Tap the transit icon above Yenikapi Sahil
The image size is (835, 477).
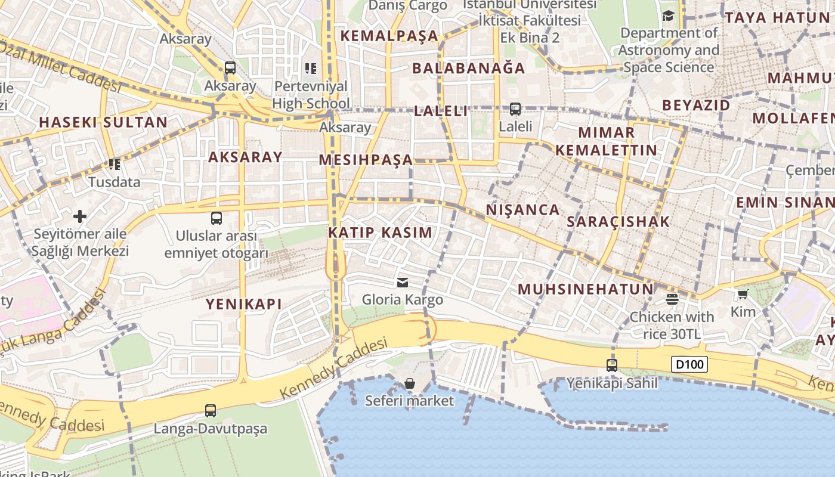coord(612,366)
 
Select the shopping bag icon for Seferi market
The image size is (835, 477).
coord(410,383)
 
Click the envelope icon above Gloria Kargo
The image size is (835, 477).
coord(403,282)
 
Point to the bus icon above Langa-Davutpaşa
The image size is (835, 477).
coord(211,410)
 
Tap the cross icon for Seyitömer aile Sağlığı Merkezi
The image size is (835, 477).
coord(80,216)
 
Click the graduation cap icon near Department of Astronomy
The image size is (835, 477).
coord(668,16)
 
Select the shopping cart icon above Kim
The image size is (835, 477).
coord(743,294)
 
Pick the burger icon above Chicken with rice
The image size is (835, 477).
coord(672,299)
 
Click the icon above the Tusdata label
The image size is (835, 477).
coord(114,164)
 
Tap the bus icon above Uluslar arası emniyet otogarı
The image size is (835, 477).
coord(217,218)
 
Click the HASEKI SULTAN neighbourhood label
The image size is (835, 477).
coord(103,123)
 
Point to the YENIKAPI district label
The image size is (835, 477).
coord(243,304)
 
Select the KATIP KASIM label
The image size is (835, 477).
coord(380,233)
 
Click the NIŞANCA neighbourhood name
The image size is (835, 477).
coord(522,210)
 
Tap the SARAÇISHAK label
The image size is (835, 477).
coord(618,222)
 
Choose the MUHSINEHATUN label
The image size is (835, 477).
coord(586,290)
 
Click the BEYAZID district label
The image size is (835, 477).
coord(696,106)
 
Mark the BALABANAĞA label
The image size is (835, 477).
coord(469,68)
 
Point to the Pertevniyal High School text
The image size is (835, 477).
coord(310,95)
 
